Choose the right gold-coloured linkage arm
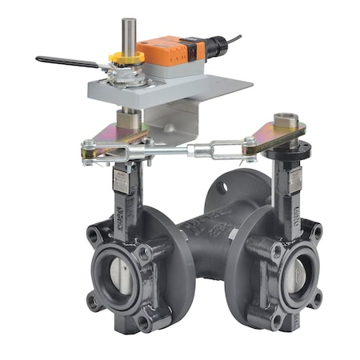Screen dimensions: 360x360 pos(272,137)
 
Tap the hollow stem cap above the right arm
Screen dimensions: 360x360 pos(286,122)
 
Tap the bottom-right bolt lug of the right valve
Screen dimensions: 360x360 pos(316,302)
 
